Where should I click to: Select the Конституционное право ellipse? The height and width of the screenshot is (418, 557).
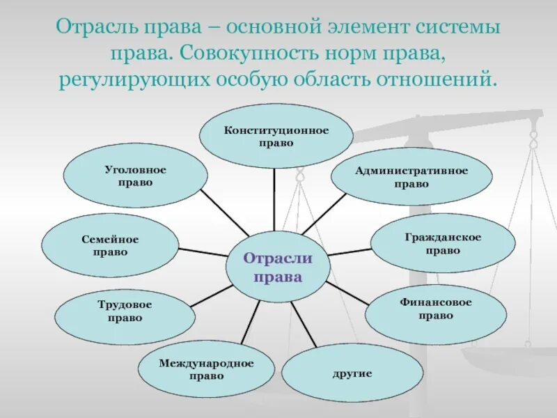[276, 136]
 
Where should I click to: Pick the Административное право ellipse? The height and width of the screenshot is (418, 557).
[411, 178]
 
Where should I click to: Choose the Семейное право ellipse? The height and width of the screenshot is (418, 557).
[109, 245]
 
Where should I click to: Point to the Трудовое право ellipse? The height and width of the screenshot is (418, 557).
[125, 311]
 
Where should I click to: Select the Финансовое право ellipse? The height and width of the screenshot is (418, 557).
[436, 309]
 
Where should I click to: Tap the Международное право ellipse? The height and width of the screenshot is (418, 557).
[206, 369]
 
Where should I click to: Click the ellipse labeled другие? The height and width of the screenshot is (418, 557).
[352, 373]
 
